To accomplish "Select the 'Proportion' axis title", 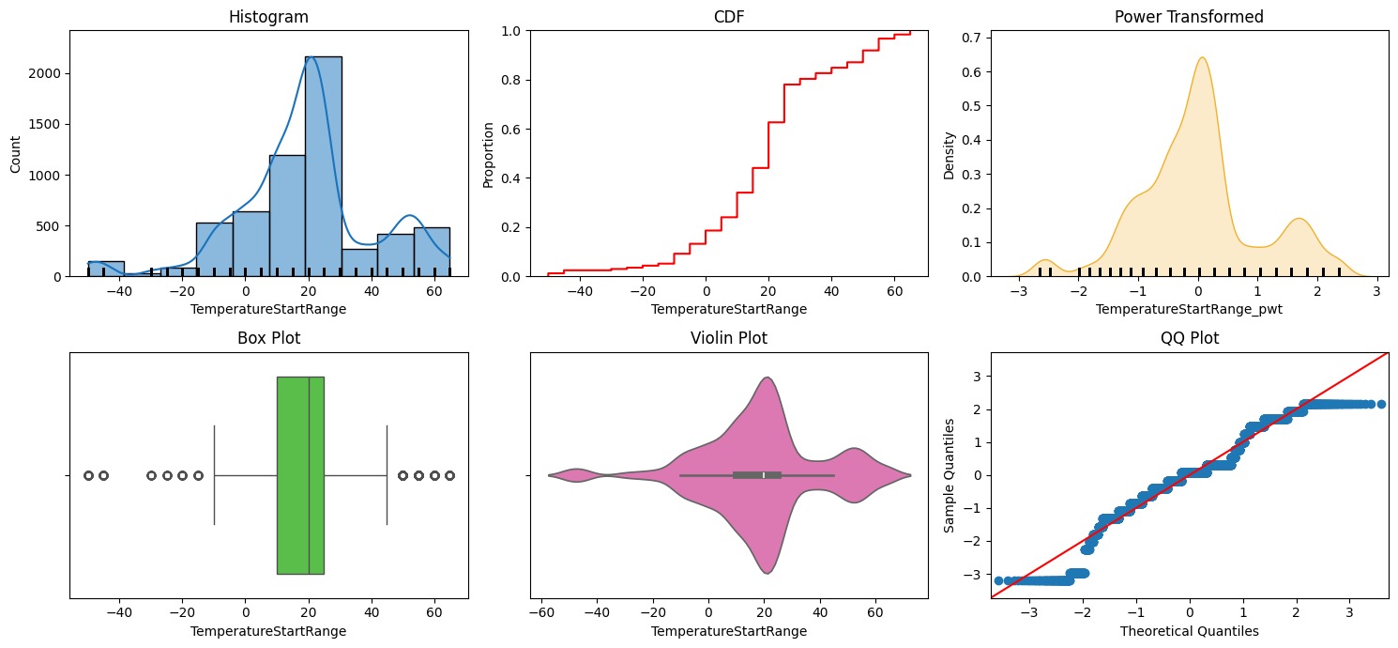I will click(487, 153).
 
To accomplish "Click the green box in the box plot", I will click(300, 475).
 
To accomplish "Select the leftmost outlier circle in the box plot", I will click(88, 475).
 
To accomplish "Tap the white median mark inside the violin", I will click(765, 475).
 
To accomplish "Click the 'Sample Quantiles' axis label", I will click(950, 475).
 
